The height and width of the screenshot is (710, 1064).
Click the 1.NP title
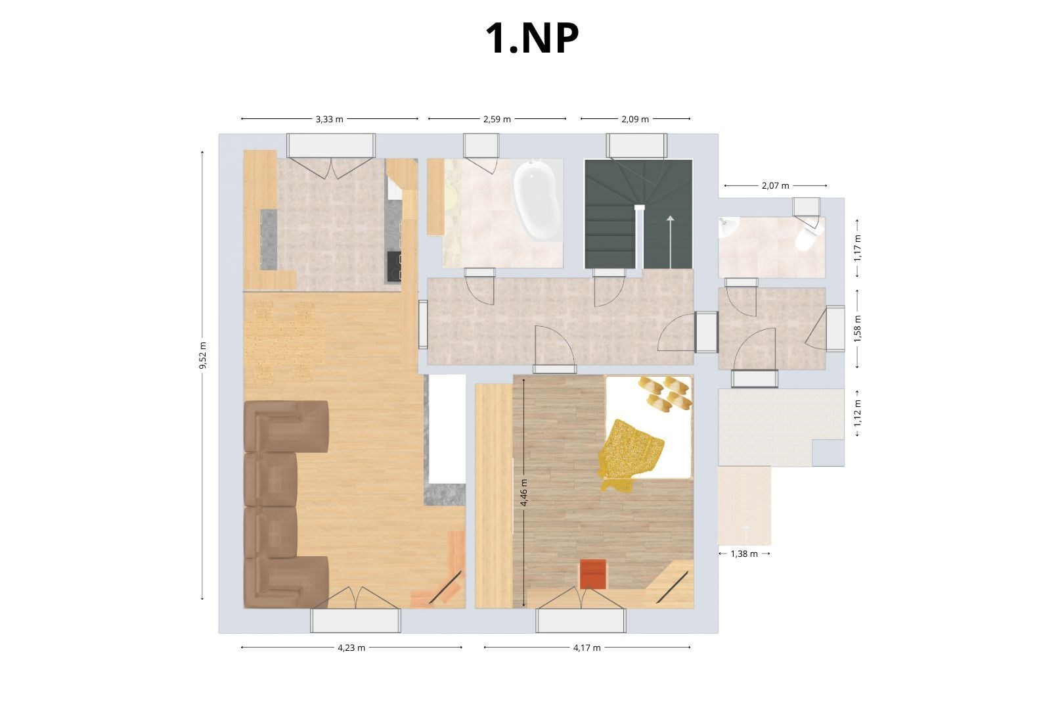click(532, 38)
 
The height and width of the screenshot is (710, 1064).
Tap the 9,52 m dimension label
click(203, 355)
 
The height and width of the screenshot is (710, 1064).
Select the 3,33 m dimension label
click(329, 119)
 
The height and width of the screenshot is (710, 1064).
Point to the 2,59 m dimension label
click(497, 119)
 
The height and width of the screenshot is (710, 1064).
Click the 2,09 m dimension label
click(635, 119)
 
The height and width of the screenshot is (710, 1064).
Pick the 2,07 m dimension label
click(775, 185)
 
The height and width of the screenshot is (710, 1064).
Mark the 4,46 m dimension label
click(523, 492)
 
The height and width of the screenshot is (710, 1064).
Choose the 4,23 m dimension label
click(351, 648)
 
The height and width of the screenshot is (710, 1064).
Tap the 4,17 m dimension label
click(587, 648)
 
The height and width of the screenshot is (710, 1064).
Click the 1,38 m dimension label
click(744, 554)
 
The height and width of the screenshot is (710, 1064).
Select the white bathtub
click(537, 200)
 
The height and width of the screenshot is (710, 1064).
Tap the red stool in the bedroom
click(593, 574)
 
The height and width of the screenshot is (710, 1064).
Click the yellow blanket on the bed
click(629, 455)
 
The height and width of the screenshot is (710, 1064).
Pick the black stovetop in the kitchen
click(394, 266)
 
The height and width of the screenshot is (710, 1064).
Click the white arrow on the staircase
click(670, 241)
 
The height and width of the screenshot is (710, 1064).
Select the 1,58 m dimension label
click(857, 329)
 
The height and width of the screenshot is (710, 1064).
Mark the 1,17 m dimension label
click(857, 248)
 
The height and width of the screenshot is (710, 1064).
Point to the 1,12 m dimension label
click(857, 413)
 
